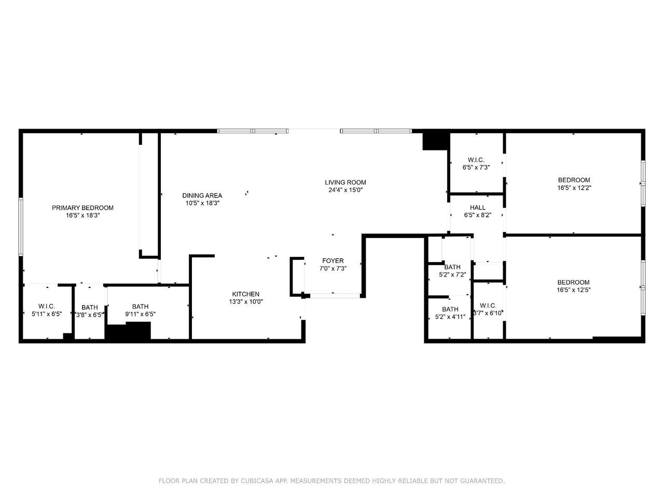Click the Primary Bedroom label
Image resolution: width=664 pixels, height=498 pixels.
coord(82,208)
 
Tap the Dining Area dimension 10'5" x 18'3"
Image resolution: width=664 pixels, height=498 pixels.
coord(202,203)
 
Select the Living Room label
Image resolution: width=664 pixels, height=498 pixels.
coord(345,182)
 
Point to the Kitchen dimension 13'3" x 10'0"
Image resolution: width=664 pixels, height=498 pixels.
coord(246,301)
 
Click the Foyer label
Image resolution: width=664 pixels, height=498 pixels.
coord(333,260)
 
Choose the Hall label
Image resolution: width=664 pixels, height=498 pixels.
coord(478,208)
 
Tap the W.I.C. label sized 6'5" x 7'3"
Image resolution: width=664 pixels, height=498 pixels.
coord(476,160)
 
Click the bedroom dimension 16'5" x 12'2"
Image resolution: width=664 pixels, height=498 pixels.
coord(574,188)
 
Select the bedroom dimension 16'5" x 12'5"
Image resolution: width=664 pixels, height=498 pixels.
coord(574,290)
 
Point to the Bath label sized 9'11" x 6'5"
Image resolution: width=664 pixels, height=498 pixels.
coord(141,306)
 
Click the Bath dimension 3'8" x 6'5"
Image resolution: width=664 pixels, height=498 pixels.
coord(90,315)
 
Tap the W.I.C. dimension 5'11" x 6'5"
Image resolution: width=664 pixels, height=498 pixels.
coord(47,314)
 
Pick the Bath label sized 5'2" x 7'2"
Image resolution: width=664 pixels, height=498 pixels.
coord(452,267)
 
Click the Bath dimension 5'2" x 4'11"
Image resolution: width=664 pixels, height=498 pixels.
coord(450,317)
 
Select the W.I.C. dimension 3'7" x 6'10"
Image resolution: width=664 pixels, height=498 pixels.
coord(488,313)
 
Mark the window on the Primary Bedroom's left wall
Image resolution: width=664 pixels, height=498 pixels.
coord(21,227)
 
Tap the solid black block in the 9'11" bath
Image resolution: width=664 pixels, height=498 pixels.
coord(128,331)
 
